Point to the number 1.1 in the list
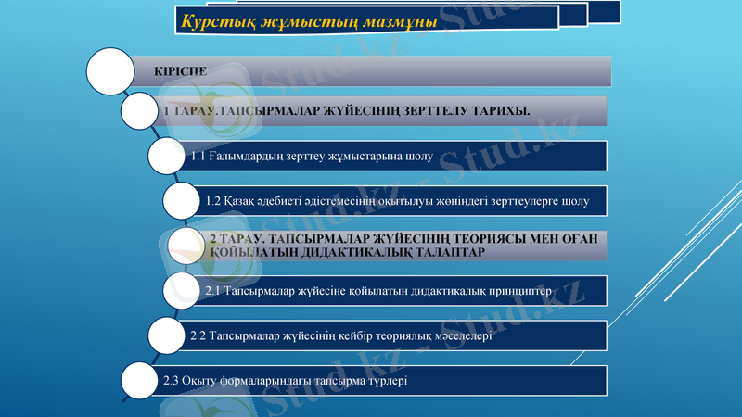[x=199, y=156]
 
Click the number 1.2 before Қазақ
[x=213, y=200]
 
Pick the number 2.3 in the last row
[x=172, y=380]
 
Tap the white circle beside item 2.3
[x=142, y=381]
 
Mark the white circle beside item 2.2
[x=168, y=335]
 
